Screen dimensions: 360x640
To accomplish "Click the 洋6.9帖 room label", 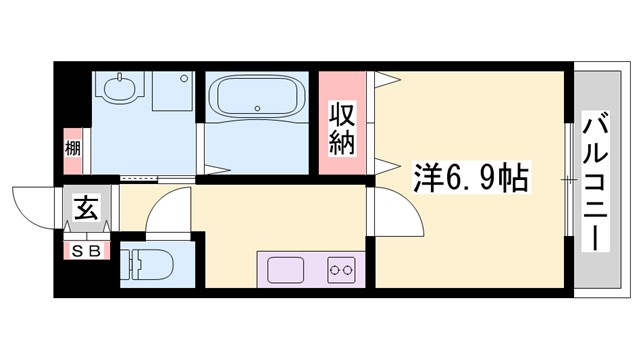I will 471,179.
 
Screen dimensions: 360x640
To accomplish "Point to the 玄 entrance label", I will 85,210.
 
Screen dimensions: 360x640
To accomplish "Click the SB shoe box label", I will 85,251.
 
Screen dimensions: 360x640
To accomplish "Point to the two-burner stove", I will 341,270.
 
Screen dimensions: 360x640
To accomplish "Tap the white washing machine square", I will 172,91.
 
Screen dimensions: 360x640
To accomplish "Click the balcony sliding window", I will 572,180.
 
